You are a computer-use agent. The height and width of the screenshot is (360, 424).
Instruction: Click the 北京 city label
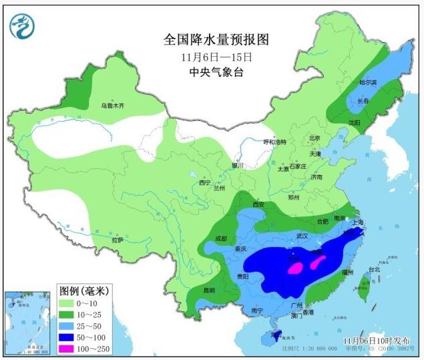314,138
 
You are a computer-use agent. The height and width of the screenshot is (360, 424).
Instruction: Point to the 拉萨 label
118,240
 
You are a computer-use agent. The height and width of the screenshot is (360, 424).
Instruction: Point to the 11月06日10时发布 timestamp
376,341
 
